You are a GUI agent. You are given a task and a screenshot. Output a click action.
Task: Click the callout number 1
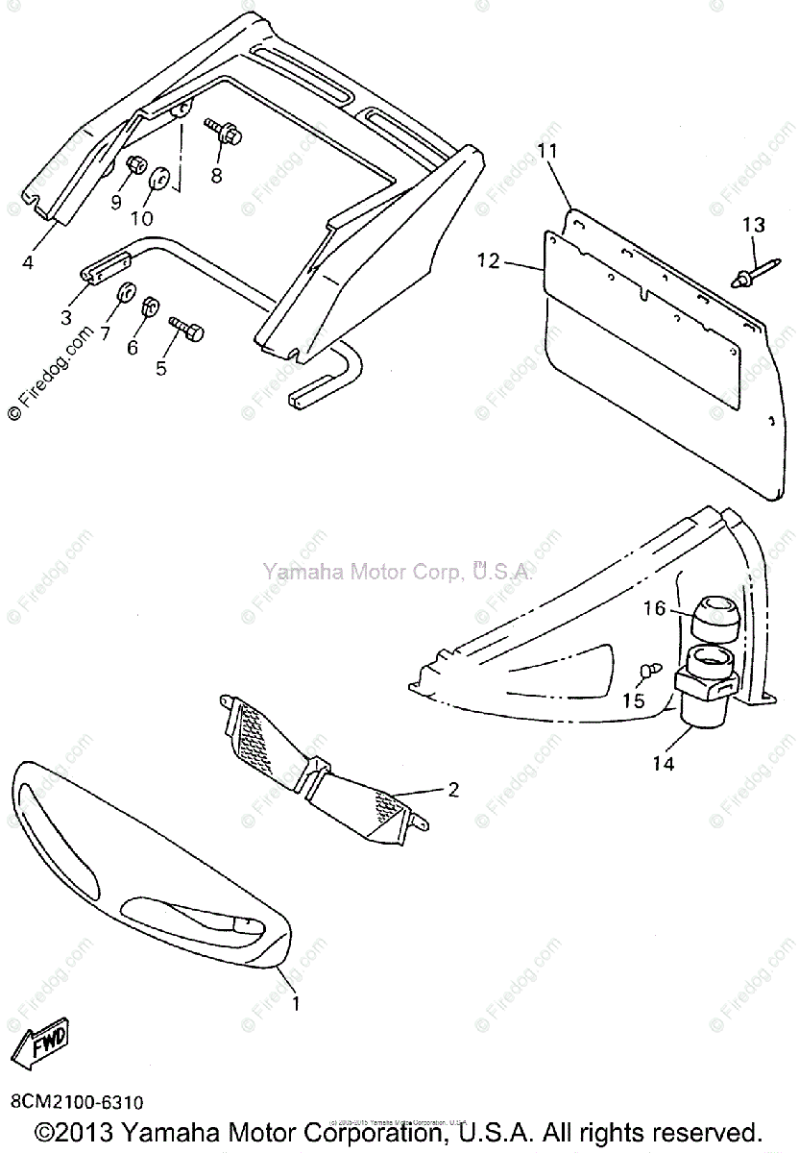click(296, 1004)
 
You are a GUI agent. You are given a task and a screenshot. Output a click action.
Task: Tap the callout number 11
click(547, 150)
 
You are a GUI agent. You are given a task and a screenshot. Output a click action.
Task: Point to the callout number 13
click(754, 225)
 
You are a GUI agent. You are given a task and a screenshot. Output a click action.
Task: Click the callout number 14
click(663, 764)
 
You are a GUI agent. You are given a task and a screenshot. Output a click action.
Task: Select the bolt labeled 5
click(187, 330)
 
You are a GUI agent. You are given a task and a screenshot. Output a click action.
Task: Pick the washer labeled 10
click(159, 180)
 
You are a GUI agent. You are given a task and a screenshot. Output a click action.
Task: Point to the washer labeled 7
click(124, 293)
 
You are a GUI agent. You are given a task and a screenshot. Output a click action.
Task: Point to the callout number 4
click(29, 259)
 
